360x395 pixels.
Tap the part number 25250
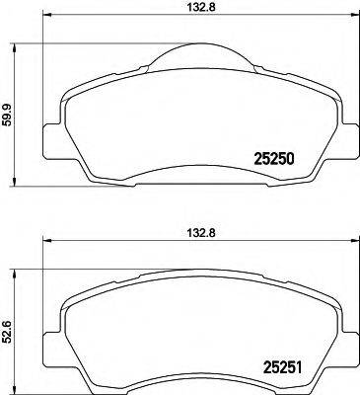276,158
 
